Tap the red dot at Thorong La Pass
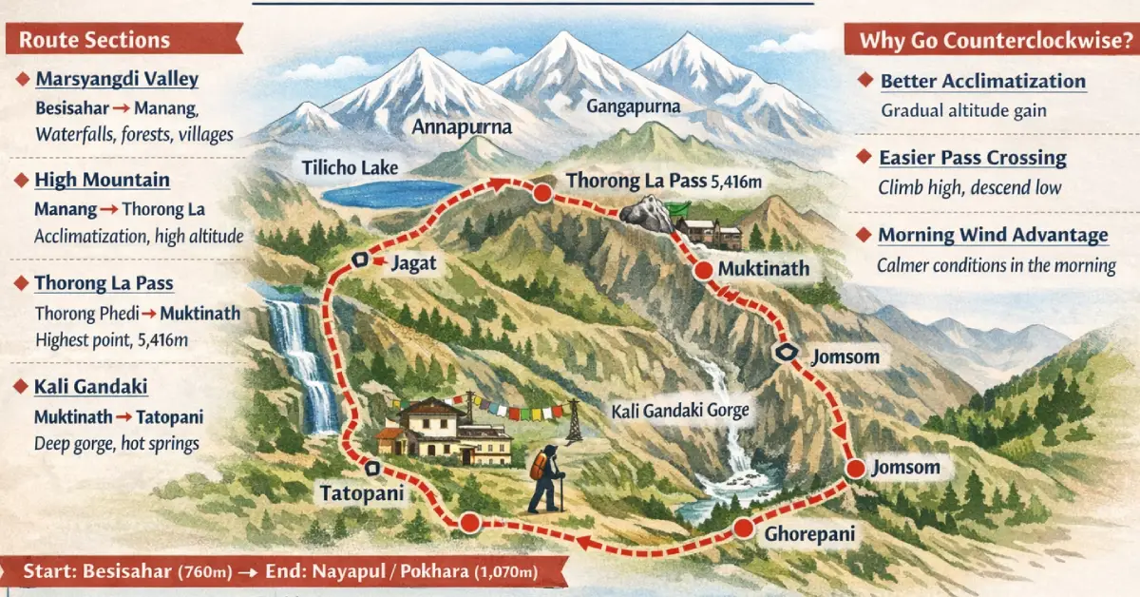(x=542, y=193)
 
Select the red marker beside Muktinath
(x=703, y=270)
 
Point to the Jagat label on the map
(x=413, y=264)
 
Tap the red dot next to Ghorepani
(x=743, y=529)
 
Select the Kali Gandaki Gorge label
(x=681, y=412)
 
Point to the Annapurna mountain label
(x=462, y=126)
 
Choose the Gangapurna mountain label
(x=633, y=106)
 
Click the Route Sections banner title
(x=95, y=40)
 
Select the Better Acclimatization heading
(x=982, y=81)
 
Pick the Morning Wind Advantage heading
(x=993, y=235)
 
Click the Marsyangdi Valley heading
(x=117, y=79)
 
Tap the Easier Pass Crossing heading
(x=973, y=158)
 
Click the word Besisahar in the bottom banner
(x=127, y=572)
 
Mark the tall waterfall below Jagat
(x=302, y=361)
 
